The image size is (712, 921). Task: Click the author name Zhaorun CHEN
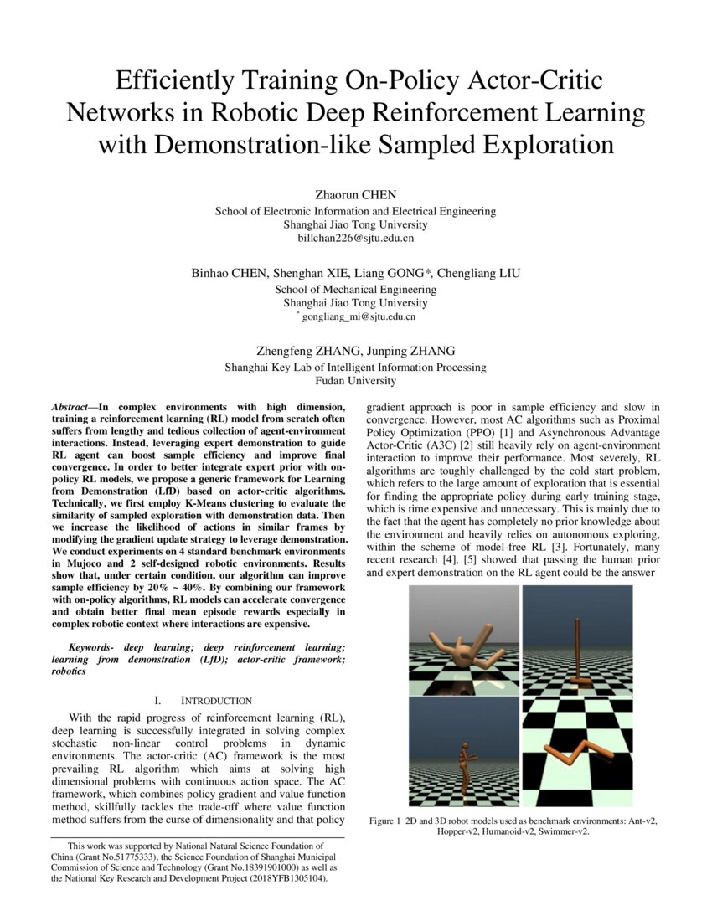(x=355, y=196)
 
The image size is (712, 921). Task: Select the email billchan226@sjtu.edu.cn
(x=355, y=239)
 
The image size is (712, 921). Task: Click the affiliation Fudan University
(x=355, y=381)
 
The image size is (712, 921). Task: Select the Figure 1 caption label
(x=384, y=821)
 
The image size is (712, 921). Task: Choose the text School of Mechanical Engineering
(x=355, y=290)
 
